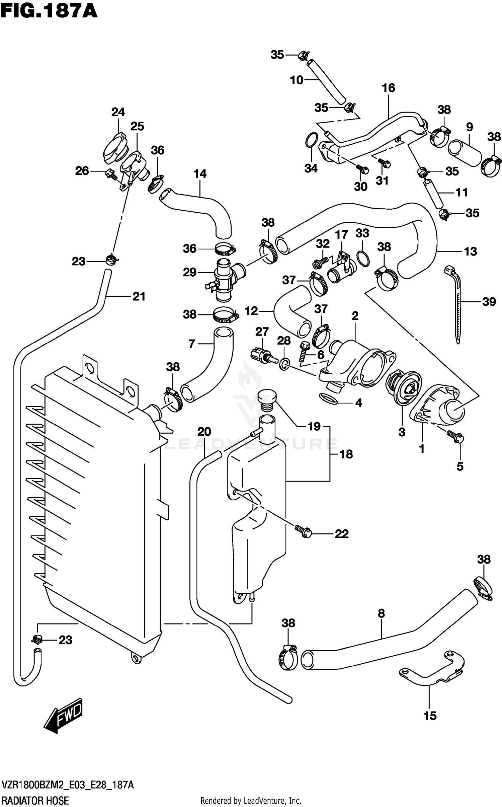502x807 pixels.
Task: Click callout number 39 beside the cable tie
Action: pyautogui.click(x=489, y=302)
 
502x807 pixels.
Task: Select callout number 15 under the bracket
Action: pyautogui.click(x=430, y=716)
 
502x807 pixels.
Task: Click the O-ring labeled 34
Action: pyautogui.click(x=312, y=140)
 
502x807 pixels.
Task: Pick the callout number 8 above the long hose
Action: pyautogui.click(x=381, y=613)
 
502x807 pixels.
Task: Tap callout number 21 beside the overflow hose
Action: pyautogui.click(x=139, y=296)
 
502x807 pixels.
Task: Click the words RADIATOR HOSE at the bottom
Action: pyautogui.click(x=35, y=798)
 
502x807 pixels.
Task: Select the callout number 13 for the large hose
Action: pyautogui.click(x=470, y=251)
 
